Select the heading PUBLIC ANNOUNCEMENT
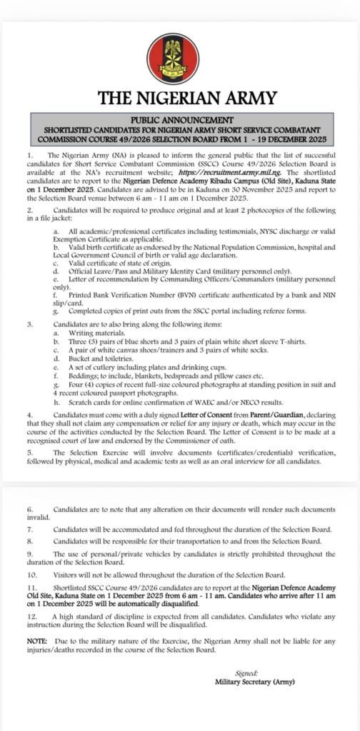point(180,119)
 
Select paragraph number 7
point(30,529)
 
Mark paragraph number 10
point(31,573)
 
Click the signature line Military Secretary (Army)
point(256,682)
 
